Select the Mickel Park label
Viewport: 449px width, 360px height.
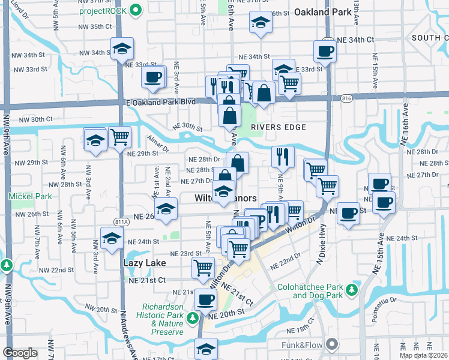(24, 196)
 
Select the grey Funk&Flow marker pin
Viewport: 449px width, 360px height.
(330, 344)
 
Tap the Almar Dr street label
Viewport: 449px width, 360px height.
(157, 142)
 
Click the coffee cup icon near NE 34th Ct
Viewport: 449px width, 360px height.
(325, 51)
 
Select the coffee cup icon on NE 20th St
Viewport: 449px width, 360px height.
(205, 299)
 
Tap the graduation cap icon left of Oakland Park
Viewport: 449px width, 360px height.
(260, 24)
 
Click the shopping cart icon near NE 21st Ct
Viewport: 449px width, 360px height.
(203, 267)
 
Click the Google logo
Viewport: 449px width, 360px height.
(20, 353)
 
